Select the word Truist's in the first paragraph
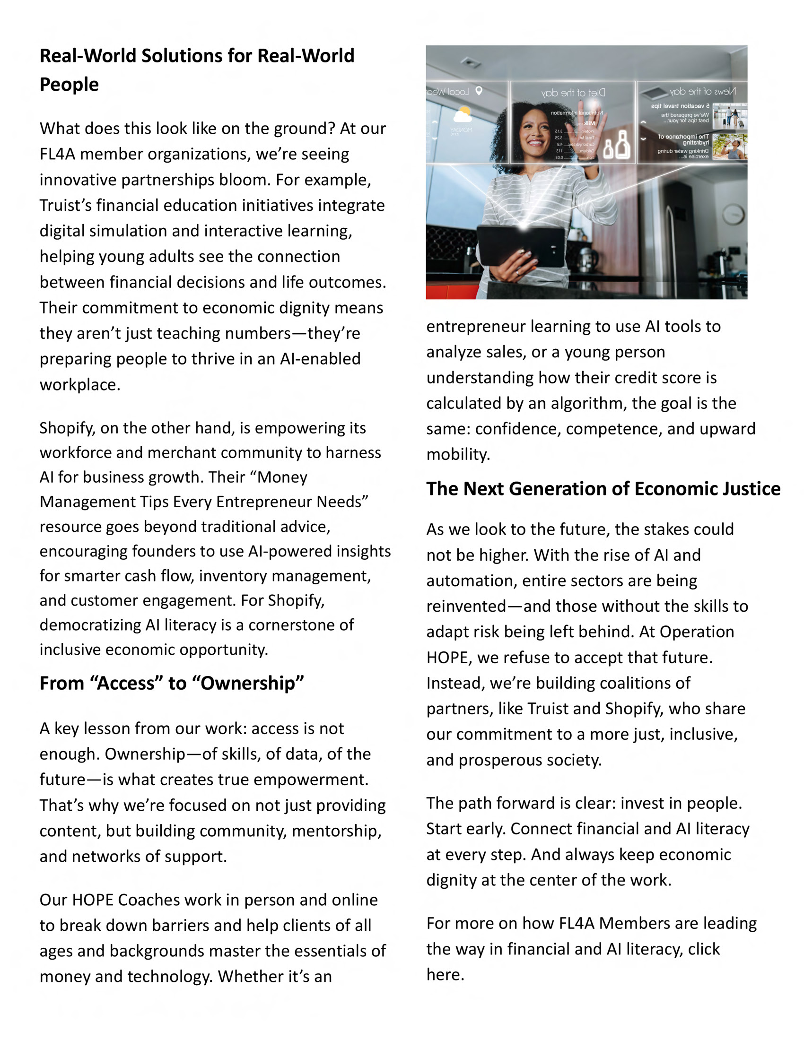pos(65,205)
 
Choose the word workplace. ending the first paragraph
pos(80,384)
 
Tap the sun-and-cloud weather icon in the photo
pos(462,115)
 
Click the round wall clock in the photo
pos(734,214)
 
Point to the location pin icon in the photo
pos(479,90)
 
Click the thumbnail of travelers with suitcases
pos(730,116)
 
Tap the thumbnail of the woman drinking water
pos(730,146)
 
